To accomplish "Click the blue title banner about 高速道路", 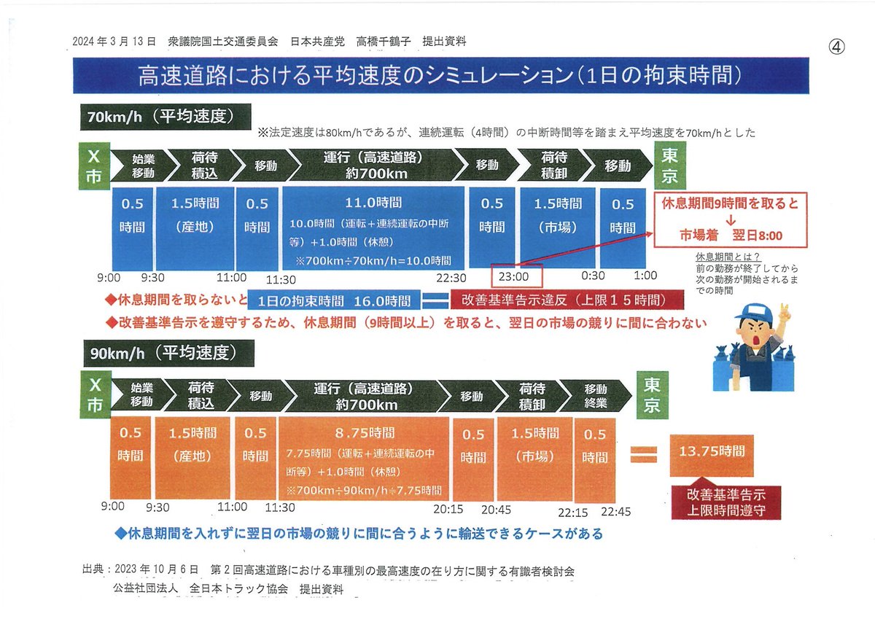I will click(440, 76).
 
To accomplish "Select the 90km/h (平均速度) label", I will click(166, 354).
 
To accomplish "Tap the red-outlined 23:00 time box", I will click(517, 276).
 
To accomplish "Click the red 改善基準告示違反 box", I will click(567, 300).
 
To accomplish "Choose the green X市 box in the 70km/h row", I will click(94, 167).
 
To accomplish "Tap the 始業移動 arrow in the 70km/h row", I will click(142, 167).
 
